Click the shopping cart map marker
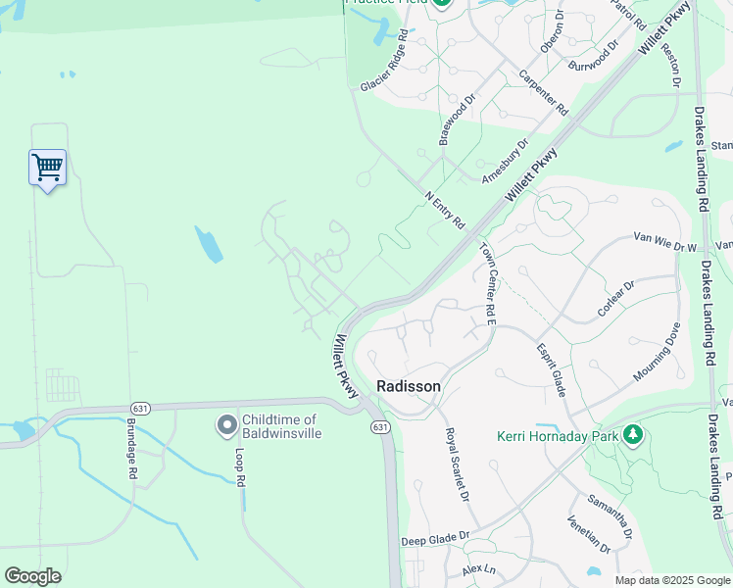[x=47, y=168]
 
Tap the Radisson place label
[x=409, y=386]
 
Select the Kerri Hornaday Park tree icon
[x=634, y=433]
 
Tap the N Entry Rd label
[x=445, y=210]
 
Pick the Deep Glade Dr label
[x=435, y=540]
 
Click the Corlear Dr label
[x=616, y=299]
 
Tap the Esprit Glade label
[x=552, y=369]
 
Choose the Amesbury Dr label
[x=505, y=161]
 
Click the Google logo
[x=32, y=576]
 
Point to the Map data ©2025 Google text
[x=671, y=580]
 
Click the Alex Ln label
[x=480, y=569]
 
